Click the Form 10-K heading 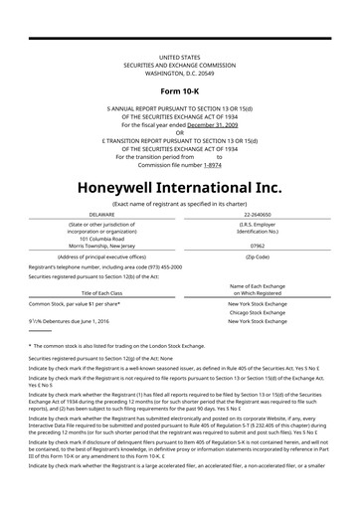pyautogui.click(x=179, y=91)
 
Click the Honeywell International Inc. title pyautogui.click(x=179, y=187)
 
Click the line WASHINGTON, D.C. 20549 pyautogui.click(x=179, y=73)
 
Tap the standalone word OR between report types pyautogui.click(x=180, y=132)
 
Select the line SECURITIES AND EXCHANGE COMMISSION pyautogui.click(x=179, y=66)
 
